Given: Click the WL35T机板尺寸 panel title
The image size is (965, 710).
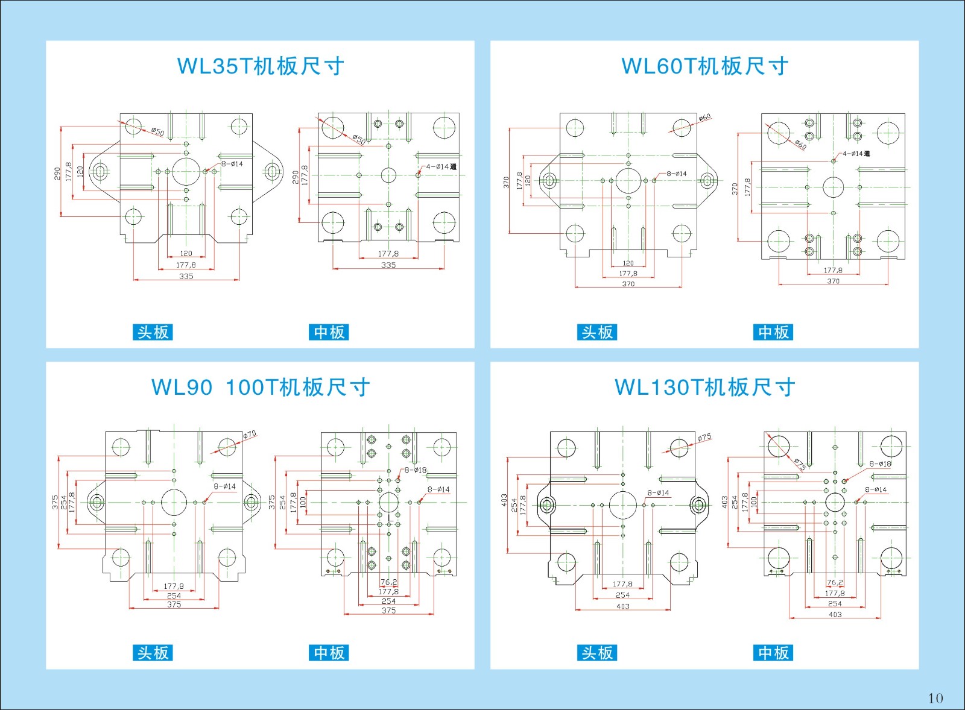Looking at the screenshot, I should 260,66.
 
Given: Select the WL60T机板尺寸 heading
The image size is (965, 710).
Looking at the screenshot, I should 704,66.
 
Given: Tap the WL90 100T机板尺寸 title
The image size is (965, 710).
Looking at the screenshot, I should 260,387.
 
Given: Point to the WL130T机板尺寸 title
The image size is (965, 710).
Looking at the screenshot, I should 704,387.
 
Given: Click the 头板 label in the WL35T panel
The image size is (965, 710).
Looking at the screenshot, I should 153,332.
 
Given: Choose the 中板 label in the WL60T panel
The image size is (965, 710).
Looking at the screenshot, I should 773,332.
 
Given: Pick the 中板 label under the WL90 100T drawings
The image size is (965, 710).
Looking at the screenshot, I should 329,653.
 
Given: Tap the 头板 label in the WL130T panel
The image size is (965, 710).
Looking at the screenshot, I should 597,653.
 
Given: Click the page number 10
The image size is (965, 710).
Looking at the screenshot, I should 935,698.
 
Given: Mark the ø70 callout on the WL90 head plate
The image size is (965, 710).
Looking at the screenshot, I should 250,435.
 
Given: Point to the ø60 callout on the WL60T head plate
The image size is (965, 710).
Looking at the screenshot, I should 704,118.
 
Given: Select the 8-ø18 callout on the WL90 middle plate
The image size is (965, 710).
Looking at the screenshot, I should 416,470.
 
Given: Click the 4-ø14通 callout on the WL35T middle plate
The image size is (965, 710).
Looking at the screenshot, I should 441,167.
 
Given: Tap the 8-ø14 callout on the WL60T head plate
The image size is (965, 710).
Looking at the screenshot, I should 677,174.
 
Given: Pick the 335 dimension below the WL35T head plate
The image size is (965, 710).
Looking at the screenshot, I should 186,277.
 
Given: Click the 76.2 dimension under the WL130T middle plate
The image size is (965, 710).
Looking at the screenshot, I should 835,582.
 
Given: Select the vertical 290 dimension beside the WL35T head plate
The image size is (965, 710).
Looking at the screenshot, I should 57,174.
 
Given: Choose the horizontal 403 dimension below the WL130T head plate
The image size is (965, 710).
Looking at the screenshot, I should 623,606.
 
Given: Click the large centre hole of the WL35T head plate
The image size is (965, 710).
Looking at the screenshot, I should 186,171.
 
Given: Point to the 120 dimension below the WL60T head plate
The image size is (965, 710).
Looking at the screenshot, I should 628,263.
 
